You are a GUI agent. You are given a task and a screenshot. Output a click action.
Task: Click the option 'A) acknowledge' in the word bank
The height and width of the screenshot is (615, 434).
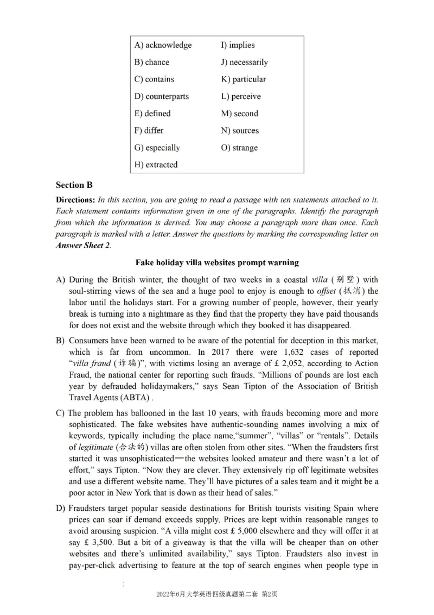tap(163, 45)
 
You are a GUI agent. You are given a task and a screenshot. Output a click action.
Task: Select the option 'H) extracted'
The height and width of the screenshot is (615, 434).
tap(156, 165)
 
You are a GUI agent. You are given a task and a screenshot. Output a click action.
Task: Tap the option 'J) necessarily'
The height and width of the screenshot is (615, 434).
tap(244, 62)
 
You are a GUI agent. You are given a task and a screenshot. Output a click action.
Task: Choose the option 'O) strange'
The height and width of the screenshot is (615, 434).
tap(239, 148)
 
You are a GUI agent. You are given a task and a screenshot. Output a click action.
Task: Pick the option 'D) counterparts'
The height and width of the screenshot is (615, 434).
tap(162, 96)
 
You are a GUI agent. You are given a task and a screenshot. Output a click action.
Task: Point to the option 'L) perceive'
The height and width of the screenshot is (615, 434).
tap(240, 96)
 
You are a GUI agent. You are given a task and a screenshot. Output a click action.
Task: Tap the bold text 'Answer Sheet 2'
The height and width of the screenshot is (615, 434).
tap(83, 245)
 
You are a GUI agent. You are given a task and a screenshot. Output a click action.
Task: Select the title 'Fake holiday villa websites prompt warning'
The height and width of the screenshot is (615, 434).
tap(217, 262)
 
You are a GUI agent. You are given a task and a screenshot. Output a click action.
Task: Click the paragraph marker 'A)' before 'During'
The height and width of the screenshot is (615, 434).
tap(61, 280)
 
